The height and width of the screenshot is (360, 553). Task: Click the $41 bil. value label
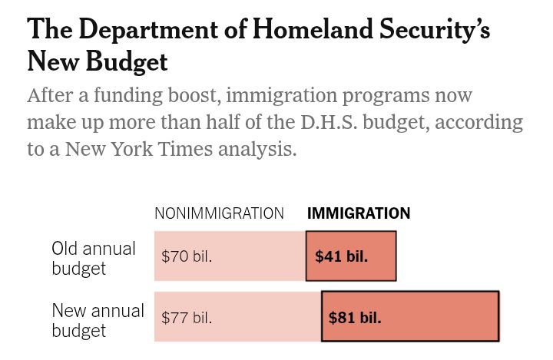tap(342, 256)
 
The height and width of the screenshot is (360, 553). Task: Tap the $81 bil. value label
tap(355, 317)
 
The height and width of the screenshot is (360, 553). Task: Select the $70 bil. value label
tap(187, 256)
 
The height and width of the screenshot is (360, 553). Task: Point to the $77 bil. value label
tap(187, 317)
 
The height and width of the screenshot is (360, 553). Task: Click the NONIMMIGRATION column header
tap(219, 214)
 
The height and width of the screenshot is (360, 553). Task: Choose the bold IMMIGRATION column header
tap(359, 214)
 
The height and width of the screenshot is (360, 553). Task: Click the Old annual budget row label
tap(94, 259)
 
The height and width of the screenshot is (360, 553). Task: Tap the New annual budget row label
tap(98, 320)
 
